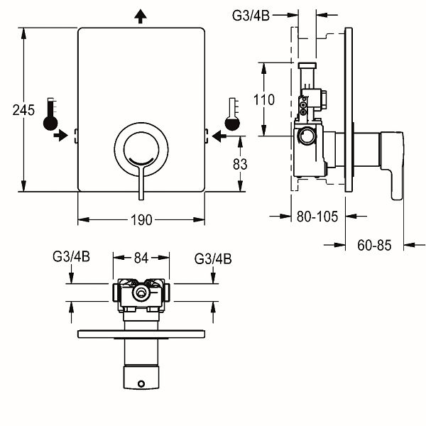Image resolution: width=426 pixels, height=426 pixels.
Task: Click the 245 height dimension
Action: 23,110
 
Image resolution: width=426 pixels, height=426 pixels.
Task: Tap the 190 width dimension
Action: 141,219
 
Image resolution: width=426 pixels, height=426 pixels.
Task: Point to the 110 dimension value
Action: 263,99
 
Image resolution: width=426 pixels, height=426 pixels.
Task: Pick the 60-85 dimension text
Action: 375,246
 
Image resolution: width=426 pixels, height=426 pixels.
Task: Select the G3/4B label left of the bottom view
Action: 71,258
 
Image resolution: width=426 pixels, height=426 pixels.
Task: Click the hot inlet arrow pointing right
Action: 61,136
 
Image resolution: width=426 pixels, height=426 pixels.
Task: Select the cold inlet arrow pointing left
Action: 222,136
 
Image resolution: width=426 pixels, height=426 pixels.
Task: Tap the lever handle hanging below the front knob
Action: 142,186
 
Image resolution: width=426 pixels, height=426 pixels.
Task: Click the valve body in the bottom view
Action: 142,295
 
